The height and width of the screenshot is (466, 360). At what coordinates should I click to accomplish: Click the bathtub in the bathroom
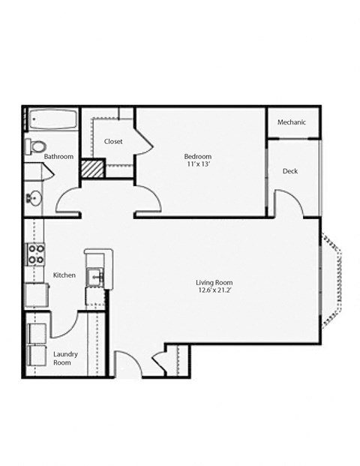(52, 120)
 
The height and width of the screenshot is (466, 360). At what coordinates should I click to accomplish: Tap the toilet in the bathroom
(36, 146)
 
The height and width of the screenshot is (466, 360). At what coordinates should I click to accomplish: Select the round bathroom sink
(34, 199)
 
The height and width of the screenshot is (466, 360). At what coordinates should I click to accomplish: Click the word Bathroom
(58, 157)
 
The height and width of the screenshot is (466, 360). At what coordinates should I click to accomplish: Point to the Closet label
(113, 141)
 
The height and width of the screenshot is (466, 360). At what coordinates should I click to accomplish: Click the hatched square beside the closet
(91, 169)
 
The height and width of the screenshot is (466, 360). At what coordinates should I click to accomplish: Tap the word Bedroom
(199, 156)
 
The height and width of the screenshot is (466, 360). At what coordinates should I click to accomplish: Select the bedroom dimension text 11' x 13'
(199, 165)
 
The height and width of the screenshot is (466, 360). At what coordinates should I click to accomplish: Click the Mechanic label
(292, 123)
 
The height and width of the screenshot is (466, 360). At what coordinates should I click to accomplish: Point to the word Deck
(290, 171)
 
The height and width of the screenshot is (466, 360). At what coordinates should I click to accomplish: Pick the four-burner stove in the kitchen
(34, 255)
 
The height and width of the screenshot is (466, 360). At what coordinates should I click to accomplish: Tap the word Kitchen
(64, 275)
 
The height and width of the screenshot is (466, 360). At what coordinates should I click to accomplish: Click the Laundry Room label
(66, 357)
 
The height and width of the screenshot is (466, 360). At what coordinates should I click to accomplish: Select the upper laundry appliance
(37, 332)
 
